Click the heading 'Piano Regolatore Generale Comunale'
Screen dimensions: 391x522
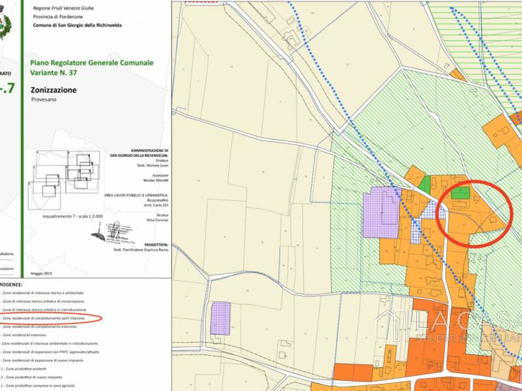(x=91, y=63)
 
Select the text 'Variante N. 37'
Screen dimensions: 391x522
(x=54, y=73)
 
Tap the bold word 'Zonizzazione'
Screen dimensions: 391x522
(x=53, y=90)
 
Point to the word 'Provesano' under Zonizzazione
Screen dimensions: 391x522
(x=44, y=100)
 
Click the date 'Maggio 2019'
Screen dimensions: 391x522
(x=42, y=272)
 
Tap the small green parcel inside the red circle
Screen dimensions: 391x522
(x=461, y=192)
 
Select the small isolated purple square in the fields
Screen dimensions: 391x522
(x=221, y=318)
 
